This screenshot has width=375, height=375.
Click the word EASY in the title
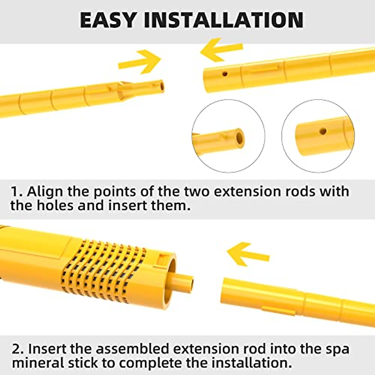107,20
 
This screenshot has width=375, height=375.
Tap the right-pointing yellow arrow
140,61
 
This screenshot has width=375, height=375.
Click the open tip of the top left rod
161,86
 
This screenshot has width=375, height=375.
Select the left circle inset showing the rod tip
228,136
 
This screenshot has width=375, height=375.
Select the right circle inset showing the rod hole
318,136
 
